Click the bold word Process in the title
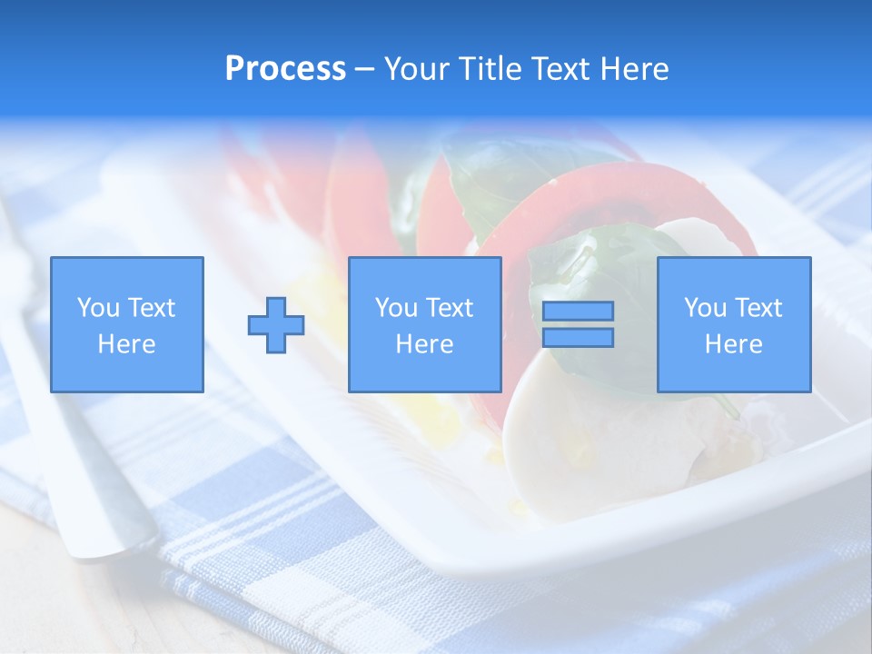click(285, 69)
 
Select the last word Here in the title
click(636, 69)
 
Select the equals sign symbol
click(578, 324)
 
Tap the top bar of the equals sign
click(578, 311)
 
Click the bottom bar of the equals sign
click(578, 338)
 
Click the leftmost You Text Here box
click(127, 324)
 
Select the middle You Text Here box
click(425, 324)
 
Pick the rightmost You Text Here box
click(734, 324)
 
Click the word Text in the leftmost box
click(151, 308)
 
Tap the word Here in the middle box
click(425, 344)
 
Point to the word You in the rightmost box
click(705, 308)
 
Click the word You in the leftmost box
click(98, 308)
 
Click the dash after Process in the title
click(365, 70)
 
